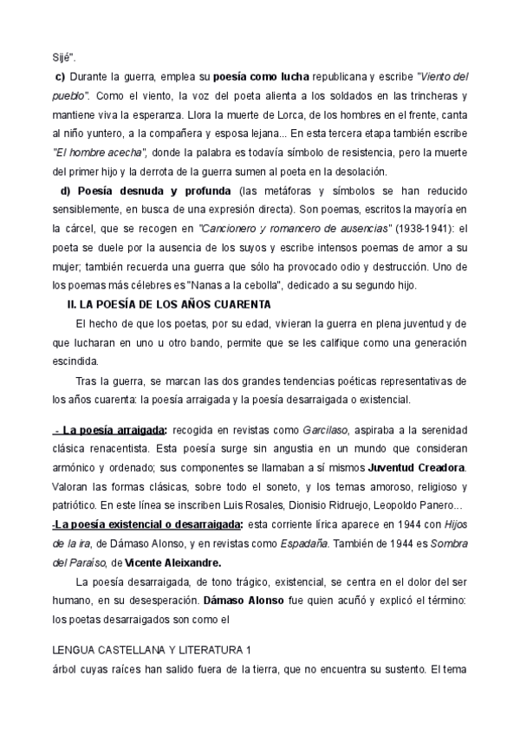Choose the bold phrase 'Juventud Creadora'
point(415,466)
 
